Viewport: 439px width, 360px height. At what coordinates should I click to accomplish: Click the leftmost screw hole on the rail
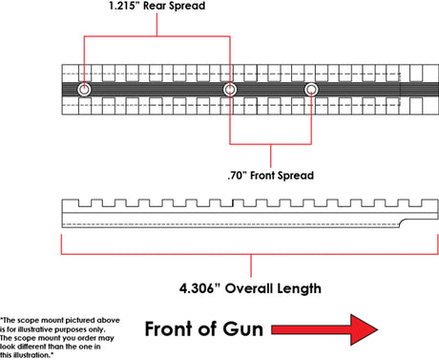[x=85, y=90]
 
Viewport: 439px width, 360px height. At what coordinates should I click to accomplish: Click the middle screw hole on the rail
[x=230, y=90]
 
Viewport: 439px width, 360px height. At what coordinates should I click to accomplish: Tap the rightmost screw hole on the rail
[x=311, y=90]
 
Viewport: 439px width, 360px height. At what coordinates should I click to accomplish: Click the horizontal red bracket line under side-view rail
[x=250, y=256]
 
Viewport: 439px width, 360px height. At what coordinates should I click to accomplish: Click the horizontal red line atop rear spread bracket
[x=157, y=37]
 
